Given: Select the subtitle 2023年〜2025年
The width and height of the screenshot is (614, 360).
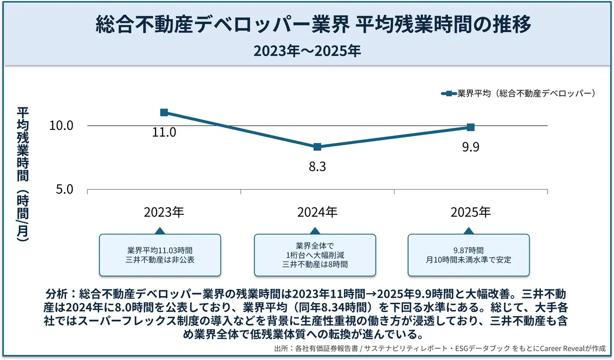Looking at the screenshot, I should point(307,51).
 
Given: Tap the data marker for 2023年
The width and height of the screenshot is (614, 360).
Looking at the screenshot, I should point(164,112).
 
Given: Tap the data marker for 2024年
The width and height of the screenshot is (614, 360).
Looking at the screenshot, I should point(317,147).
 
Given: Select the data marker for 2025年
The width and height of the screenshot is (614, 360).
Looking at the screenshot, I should point(471,127).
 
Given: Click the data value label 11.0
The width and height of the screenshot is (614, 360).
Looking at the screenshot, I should point(164,132).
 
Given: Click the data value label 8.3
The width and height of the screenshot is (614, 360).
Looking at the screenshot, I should point(317,167).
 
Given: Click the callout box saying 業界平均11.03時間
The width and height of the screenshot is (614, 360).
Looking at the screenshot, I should point(160,255).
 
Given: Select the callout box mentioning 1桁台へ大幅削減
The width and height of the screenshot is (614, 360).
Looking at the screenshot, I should point(315,255).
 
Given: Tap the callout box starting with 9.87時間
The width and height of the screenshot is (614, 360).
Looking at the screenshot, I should point(468,255).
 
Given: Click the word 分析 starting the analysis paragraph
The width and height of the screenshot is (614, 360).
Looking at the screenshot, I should point(56,295).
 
